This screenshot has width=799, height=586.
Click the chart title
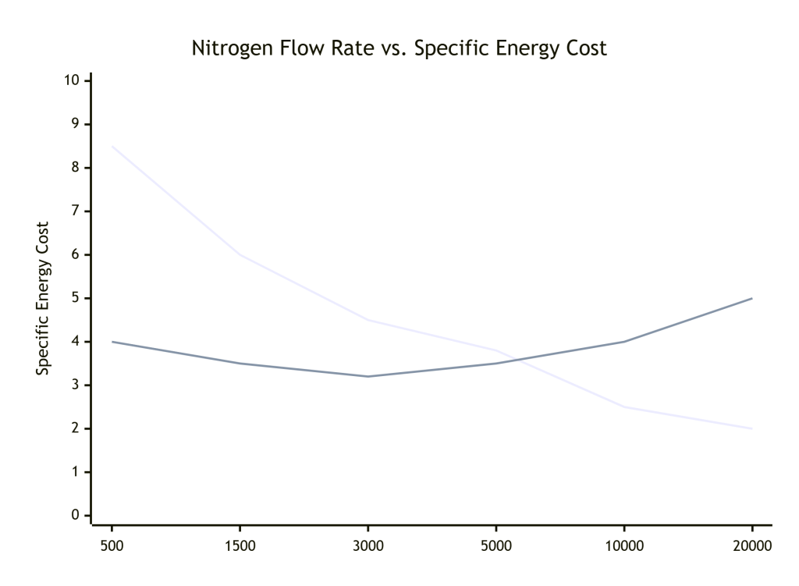[x=399, y=48]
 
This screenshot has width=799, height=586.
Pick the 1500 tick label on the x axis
[x=240, y=545]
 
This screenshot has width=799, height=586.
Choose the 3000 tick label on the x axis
[x=368, y=545]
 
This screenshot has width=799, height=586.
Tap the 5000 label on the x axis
[x=495, y=545]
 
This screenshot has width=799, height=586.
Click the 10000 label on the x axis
[x=623, y=545]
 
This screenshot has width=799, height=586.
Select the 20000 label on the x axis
[x=751, y=545]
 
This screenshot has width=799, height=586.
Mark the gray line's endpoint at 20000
[x=751, y=298]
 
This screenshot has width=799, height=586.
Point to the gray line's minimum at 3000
[x=368, y=376]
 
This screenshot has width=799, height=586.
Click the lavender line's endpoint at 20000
[x=751, y=428]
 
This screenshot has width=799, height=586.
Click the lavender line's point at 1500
[x=240, y=254]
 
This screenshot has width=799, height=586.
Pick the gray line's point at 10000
[x=623, y=342]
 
